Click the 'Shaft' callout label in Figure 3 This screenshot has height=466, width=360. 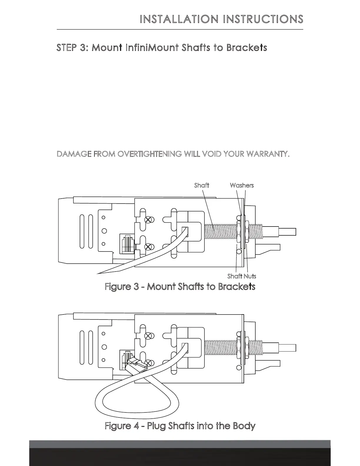point(201,185)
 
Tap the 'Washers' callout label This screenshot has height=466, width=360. point(242,185)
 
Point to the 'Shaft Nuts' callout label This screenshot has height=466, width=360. point(242,276)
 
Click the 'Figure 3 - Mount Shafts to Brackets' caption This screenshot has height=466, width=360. point(180,287)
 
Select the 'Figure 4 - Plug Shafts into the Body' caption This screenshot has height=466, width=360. point(180,426)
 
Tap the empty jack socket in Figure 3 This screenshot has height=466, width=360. point(127,244)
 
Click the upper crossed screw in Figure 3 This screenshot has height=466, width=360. point(149,219)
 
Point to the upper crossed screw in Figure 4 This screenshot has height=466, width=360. point(149,335)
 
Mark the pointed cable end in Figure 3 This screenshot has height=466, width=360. point(103,272)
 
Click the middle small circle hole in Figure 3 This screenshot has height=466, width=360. point(104,231)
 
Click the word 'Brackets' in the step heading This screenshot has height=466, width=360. point(246,48)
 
